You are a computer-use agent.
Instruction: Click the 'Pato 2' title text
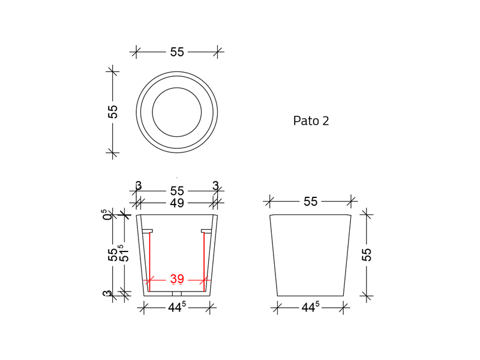[x=311, y=121]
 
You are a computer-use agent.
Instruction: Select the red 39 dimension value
[x=177, y=279]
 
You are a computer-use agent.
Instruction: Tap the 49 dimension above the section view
[x=177, y=203]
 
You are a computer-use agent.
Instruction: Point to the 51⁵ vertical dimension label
[x=123, y=253]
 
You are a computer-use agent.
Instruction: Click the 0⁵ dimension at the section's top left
[x=107, y=214]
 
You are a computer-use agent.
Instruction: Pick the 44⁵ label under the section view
[x=176, y=308]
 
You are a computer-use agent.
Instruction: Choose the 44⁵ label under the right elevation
[x=310, y=308]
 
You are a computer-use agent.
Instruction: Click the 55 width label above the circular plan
[x=177, y=52]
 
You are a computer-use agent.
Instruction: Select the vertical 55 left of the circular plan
[x=113, y=112]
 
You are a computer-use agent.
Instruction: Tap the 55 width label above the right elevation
[x=310, y=202]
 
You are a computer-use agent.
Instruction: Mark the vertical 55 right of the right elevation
[x=367, y=254]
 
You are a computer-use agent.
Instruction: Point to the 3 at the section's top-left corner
[x=139, y=186]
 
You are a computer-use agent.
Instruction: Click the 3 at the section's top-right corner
[x=215, y=186]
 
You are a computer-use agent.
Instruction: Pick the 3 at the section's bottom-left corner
[x=107, y=294]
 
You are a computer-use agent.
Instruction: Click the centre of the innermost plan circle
[x=177, y=112]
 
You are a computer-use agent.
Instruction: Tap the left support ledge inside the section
[x=147, y=231]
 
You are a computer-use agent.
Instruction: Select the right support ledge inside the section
[x=207, y=231]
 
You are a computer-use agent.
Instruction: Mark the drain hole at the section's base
[x=177, y=294]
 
